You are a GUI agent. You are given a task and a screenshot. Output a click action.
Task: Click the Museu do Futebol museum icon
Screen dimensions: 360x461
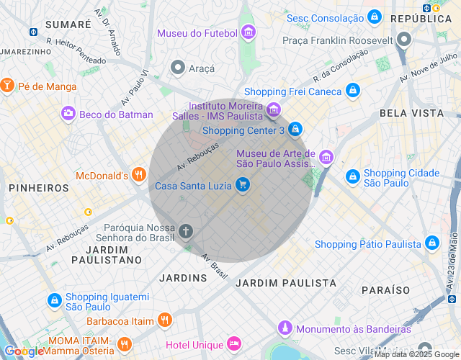point(249,32)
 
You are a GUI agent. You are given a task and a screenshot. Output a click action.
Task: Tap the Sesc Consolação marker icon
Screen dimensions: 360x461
point(374,17)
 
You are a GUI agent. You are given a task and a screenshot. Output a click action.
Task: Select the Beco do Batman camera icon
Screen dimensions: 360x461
point(68,113)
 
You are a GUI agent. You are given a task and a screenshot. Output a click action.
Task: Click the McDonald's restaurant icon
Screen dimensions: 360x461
point(139,175)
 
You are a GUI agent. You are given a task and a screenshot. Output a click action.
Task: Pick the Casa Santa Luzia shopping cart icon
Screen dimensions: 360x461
point(243,185)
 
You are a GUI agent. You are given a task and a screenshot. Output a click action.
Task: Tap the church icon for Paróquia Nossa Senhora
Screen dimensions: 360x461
point(186,230)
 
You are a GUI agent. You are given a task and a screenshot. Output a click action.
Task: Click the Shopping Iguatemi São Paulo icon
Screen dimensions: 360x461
point(54,300)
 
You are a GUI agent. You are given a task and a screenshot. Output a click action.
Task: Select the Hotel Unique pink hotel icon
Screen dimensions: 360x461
point(233,343)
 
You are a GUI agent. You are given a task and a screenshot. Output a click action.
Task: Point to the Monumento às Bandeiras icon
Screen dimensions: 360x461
point(285,328)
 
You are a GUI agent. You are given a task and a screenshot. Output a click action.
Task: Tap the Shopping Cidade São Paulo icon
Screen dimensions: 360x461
point(352,176)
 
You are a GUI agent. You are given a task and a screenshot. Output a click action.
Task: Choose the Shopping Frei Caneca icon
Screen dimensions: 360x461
point(352,91)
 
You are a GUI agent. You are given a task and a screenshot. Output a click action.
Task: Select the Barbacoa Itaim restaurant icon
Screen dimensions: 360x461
point(165,320)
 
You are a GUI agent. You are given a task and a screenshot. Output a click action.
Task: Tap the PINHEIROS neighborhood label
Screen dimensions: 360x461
point(39,187)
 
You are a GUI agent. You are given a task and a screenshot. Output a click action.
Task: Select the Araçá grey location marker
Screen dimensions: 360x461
point(177,68)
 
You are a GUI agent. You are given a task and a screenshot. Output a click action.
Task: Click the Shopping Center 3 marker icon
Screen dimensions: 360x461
point(295,130)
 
